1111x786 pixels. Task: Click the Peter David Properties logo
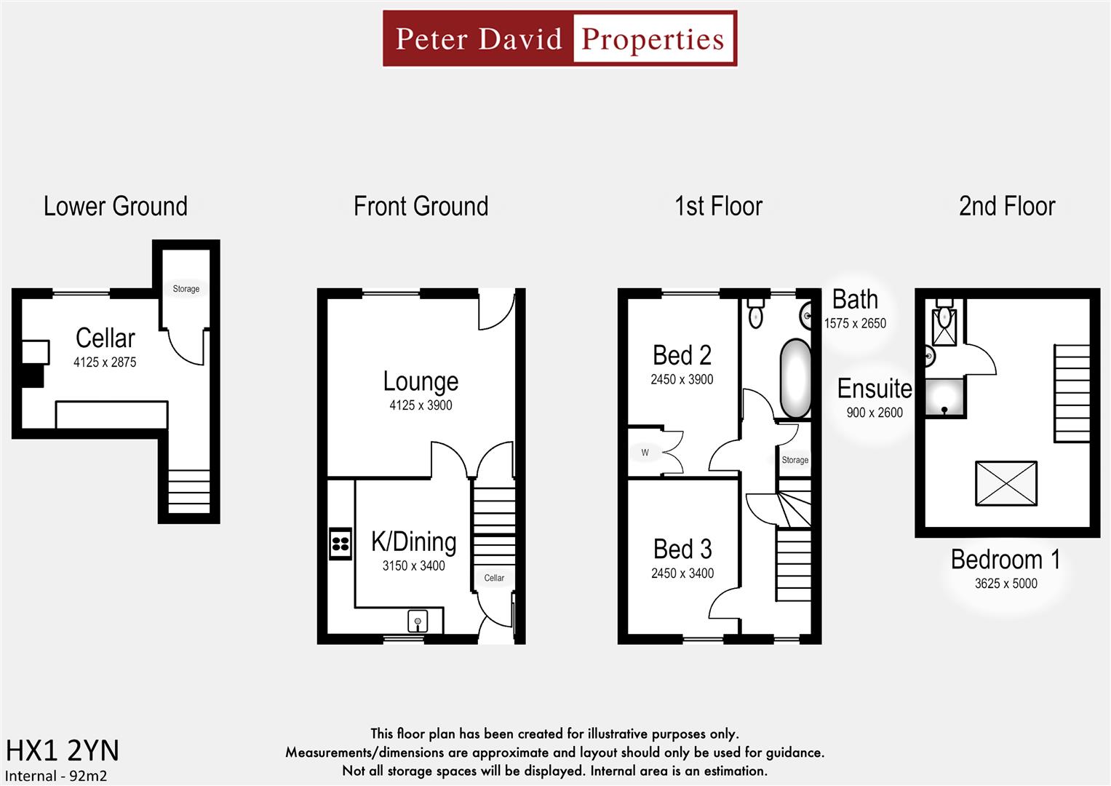tap(560, 39)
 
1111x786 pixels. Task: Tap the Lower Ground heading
tap(115, 207)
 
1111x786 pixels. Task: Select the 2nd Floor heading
tap(1006, 207)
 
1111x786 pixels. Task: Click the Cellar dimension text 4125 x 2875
tap(105, 362)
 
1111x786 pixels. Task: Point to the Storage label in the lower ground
tap(186, 289)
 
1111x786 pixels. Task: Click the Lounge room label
tap(421, 382)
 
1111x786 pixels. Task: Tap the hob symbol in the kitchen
tap(341, 544)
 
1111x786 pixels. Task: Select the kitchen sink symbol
tap(418, 622)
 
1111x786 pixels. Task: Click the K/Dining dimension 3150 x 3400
tap(413, 566)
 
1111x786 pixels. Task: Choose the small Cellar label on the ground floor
tap(494, 578)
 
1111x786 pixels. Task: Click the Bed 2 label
tap(682, 356)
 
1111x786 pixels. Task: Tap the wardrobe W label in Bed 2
tap(645, 453)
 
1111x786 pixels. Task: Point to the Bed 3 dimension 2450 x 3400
tap(682, 573)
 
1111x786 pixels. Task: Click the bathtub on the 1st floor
tap(795, 378)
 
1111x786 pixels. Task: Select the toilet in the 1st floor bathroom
tap(756, 314)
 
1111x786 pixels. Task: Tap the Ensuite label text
tap(874, 389)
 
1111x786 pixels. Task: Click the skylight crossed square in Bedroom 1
tap(1006, 483)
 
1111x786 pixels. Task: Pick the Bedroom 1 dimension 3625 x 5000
tap(1006, 584)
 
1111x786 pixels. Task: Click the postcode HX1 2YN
tap(62, 750)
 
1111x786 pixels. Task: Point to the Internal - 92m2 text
tap(56, 776)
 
